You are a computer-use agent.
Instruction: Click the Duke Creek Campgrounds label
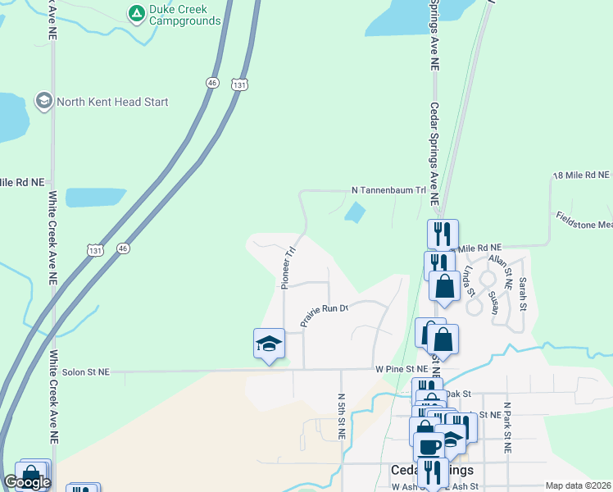click(184, 15)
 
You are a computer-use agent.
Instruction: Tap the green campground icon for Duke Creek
click(135, 13)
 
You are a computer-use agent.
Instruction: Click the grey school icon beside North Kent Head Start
click(44, 102)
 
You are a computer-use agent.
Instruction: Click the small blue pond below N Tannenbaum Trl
click(355, 213)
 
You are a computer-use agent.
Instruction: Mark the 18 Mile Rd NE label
click(581, 175)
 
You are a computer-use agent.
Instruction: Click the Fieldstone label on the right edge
click(584, 220)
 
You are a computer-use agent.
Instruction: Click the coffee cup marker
click(428, 446)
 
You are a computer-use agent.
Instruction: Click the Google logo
click(28, 482)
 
